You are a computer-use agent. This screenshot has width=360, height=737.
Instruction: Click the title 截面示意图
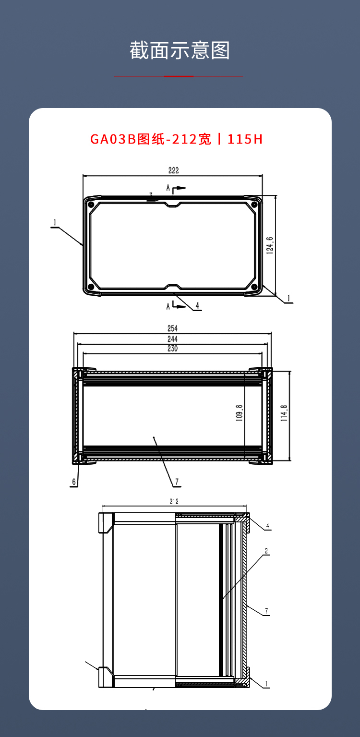pyautogui.click(x=180, y=50)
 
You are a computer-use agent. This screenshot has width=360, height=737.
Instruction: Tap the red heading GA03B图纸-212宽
pyautogui.click(x=151, y=139)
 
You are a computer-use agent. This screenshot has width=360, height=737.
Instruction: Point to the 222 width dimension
pyautogui.click(x=173, y=170)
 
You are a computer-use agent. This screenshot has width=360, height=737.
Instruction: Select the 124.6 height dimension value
pyautogui.click(x=269, y=245)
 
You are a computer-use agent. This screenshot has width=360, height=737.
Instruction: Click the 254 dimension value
pyautogui.click(x=172, y=328)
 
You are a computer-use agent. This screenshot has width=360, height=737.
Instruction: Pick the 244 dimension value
pyautogui.click(x=172, y=339)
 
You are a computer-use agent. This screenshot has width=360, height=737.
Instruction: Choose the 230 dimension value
pyautogui.click(x=172, y=349)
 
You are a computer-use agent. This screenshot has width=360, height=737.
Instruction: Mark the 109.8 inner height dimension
pyautogui.click(x=239, y=412)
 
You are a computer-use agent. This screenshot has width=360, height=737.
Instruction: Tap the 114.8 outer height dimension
pyautogui.click(x=284, y=413)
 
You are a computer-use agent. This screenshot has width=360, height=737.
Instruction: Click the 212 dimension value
pyautogui.click(x=174, y=501)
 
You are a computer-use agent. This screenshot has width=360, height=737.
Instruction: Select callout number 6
pyautogui.click(x=74, y=482)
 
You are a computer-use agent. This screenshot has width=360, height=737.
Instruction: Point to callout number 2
pyautogui.click(x=266, y=551)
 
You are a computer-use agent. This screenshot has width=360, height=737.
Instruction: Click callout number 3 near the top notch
pyautogui.click(x=151, y=195)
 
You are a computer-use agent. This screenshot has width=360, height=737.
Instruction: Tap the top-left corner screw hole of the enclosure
pyautogui.click(x=91, y=205)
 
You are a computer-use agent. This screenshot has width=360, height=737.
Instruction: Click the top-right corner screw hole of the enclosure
pyautogui.click(x=254, y=205)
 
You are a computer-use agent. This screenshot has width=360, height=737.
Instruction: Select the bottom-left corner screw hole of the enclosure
pyautogui.click(x=91, y=287)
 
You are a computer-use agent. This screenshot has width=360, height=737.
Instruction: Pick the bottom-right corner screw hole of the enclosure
pyautogui.click(x=254, y=287)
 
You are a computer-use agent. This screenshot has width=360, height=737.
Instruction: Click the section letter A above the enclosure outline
pyautogui.click(x=168, y=188)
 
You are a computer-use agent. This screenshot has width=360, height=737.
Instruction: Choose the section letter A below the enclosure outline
pyautogui.click(x=168, y=306)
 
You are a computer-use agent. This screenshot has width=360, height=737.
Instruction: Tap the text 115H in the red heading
pyautogui.click(x=245, y=139)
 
